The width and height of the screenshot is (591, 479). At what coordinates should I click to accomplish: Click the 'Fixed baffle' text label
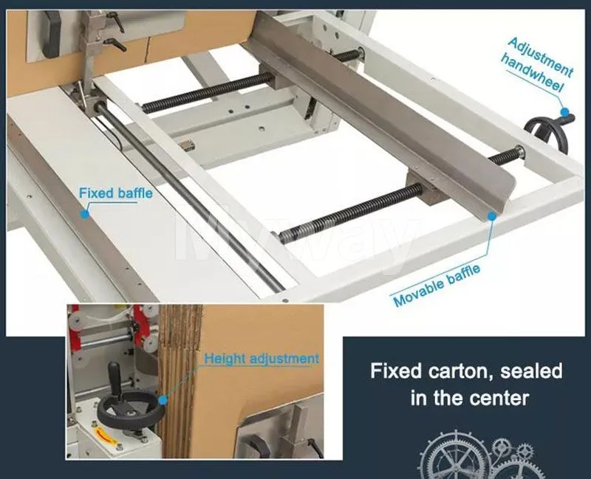pos(116,193)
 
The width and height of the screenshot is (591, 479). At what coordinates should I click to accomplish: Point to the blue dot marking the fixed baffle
pos(86,213)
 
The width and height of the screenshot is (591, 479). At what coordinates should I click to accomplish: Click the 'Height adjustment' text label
pos(262,359)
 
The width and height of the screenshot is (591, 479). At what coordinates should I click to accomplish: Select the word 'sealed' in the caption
pos(530,370)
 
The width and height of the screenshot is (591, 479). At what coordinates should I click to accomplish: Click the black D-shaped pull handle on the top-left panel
pos(50,32)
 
